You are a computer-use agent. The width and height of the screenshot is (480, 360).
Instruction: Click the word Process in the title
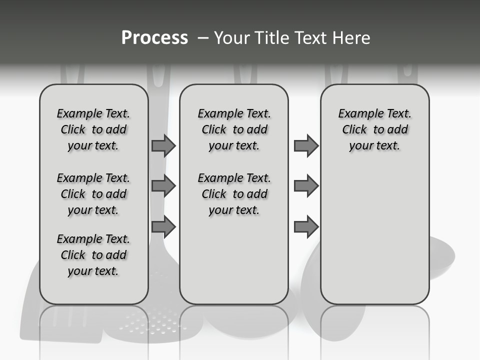click(x=154, y=38)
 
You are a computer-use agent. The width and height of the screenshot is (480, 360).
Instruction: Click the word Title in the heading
click(x=270, y=38)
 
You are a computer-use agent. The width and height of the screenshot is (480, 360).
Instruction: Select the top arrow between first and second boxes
click(x=163, y=145)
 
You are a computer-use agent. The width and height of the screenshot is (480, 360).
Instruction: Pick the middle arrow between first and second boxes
click(x=163, y=186)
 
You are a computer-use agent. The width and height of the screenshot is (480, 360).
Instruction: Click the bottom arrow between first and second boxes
click(x=163, y=227)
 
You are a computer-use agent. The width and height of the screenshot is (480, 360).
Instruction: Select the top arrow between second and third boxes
click(x=306, y=145)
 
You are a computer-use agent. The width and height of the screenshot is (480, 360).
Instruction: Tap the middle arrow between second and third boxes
click(x=306, y=186)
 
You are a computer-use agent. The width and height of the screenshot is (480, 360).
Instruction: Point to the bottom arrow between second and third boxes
click(x=306, y=227)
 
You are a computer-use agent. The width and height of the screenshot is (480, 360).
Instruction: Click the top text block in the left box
click(x=93, y=129)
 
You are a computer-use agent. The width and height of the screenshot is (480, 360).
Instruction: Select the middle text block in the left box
click(x=93, y=194)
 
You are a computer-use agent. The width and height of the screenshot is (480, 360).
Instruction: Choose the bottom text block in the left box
click(x=93, y=255)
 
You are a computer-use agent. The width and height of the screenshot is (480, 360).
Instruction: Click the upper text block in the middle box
click(x=234, y=129)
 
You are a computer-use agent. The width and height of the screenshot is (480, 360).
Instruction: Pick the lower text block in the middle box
click(x=234, y=194)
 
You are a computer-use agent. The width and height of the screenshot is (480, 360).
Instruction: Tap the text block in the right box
click(x=375, y=129)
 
